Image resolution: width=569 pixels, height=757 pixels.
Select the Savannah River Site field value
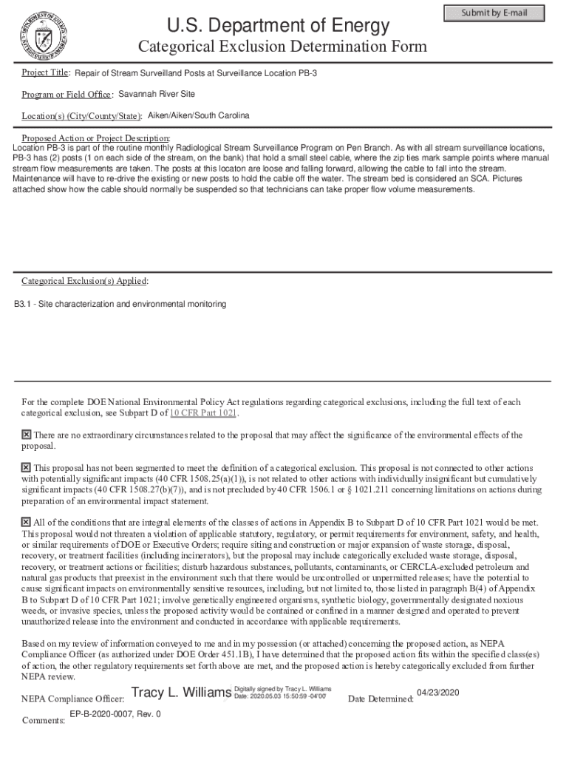[x=157, y=95]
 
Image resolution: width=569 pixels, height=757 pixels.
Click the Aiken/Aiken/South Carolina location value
[x=199, y=116]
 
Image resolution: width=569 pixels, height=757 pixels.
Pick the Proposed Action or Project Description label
[x=95, y=138]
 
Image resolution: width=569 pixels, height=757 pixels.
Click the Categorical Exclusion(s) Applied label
[x=84, y=281]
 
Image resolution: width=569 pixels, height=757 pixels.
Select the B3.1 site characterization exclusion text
[x=120, y=305]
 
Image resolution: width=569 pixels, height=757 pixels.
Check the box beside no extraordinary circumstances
[x=27, y=435]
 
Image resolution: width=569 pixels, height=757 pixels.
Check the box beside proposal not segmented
[x=27, y=468]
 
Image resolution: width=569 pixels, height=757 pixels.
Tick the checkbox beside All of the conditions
[x=27, y=523]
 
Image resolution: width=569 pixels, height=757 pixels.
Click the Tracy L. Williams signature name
[x=180, y=693]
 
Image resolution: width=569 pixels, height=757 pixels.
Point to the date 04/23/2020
[x=438, y=693]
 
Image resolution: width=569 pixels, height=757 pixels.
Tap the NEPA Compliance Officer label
[x=72, y=699]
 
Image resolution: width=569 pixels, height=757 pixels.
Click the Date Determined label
[x=380, y=699]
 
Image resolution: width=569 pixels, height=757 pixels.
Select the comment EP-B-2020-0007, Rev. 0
[x=115, y=715]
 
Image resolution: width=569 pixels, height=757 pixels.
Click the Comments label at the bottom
[x=44, y=721]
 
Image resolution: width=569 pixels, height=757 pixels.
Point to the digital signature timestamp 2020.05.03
[x=280, y=696]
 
